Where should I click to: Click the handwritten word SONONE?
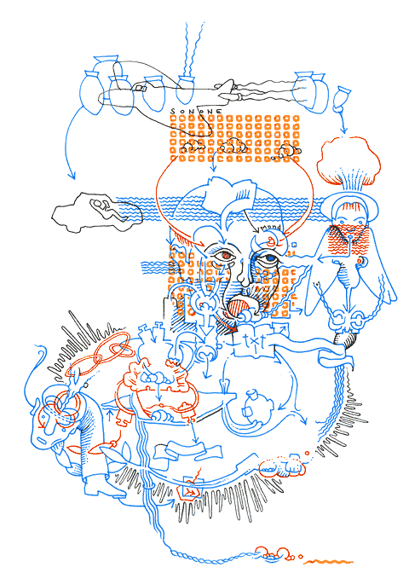click(197, 112)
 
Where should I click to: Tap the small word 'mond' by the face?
click(272, 229)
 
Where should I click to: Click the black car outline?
click(95, 209)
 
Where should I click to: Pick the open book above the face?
click(229, 197)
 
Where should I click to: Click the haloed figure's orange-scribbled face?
click(348, 229)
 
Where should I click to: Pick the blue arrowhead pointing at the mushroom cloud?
click(343, 132)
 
